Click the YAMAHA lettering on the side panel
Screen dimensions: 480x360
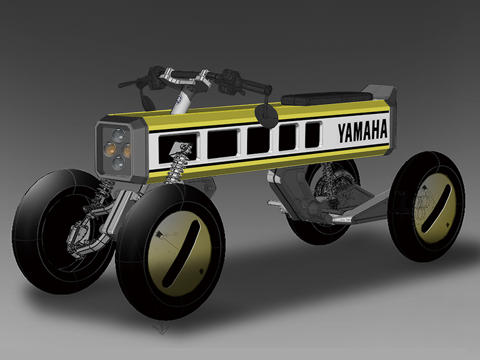pos(362,132)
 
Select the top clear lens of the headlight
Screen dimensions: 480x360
pos(118,134)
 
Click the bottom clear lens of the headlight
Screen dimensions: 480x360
pos(118,163)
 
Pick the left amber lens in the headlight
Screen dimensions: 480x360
pos(110,149)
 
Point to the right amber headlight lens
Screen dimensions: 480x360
pos(127,150)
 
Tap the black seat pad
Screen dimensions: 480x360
pos(327,98)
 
